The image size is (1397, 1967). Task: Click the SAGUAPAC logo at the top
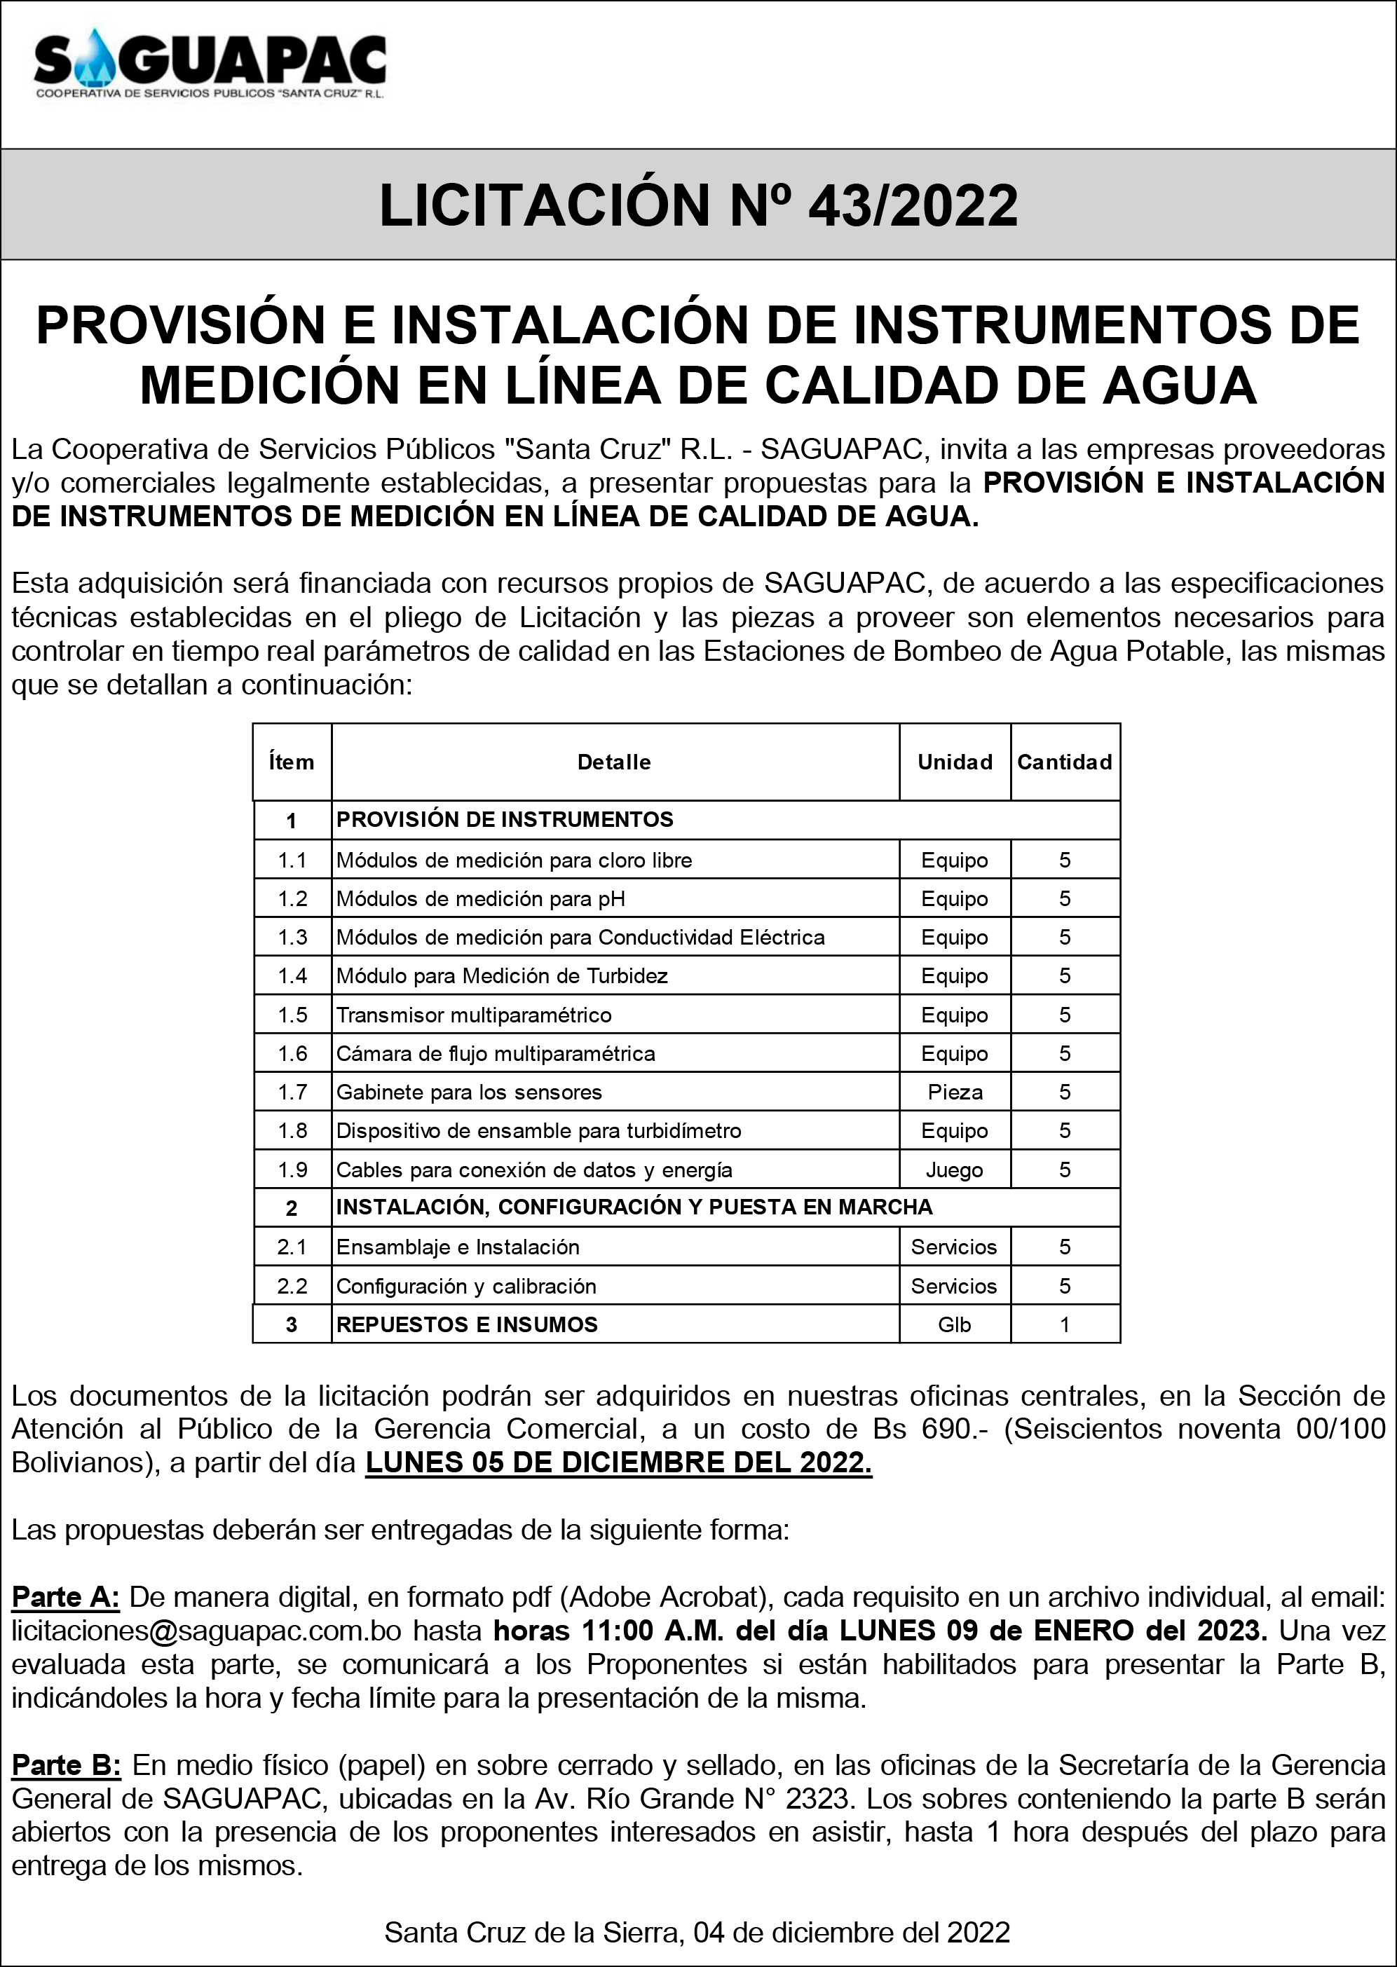coord(210,65)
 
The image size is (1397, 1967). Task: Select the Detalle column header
coord(613,762)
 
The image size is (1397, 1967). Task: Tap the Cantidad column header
coord(1064,762)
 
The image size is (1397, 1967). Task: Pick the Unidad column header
coord(954,762)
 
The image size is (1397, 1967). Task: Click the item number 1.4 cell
coord(292,976)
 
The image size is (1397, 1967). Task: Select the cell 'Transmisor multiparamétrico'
coord(474,1015)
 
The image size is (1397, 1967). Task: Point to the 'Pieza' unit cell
coord(954,1092)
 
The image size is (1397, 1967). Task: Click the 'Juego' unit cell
coord(954,1170)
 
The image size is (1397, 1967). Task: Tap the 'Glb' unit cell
coord(954,1324)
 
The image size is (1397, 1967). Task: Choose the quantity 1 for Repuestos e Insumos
coord(1064,1324)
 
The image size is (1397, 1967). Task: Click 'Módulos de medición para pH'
coord(480,899)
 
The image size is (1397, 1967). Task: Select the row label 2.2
coord(292,1286)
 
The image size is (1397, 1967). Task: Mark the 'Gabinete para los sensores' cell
coord(469,1092)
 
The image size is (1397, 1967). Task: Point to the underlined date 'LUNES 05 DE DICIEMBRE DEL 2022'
coord(618,1463)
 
